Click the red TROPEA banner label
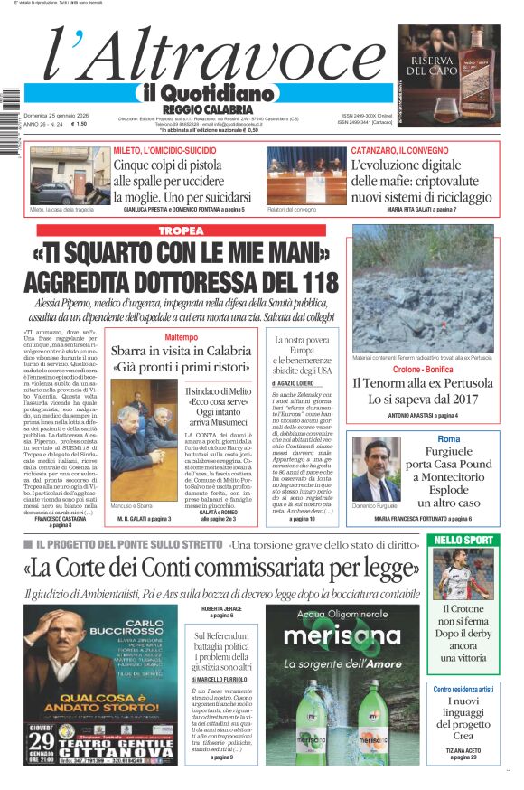[x=181, y=231]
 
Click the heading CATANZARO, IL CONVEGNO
[x=398, y=150]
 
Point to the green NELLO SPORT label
[x=475, y=541]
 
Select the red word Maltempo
[x=181, y=337]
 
